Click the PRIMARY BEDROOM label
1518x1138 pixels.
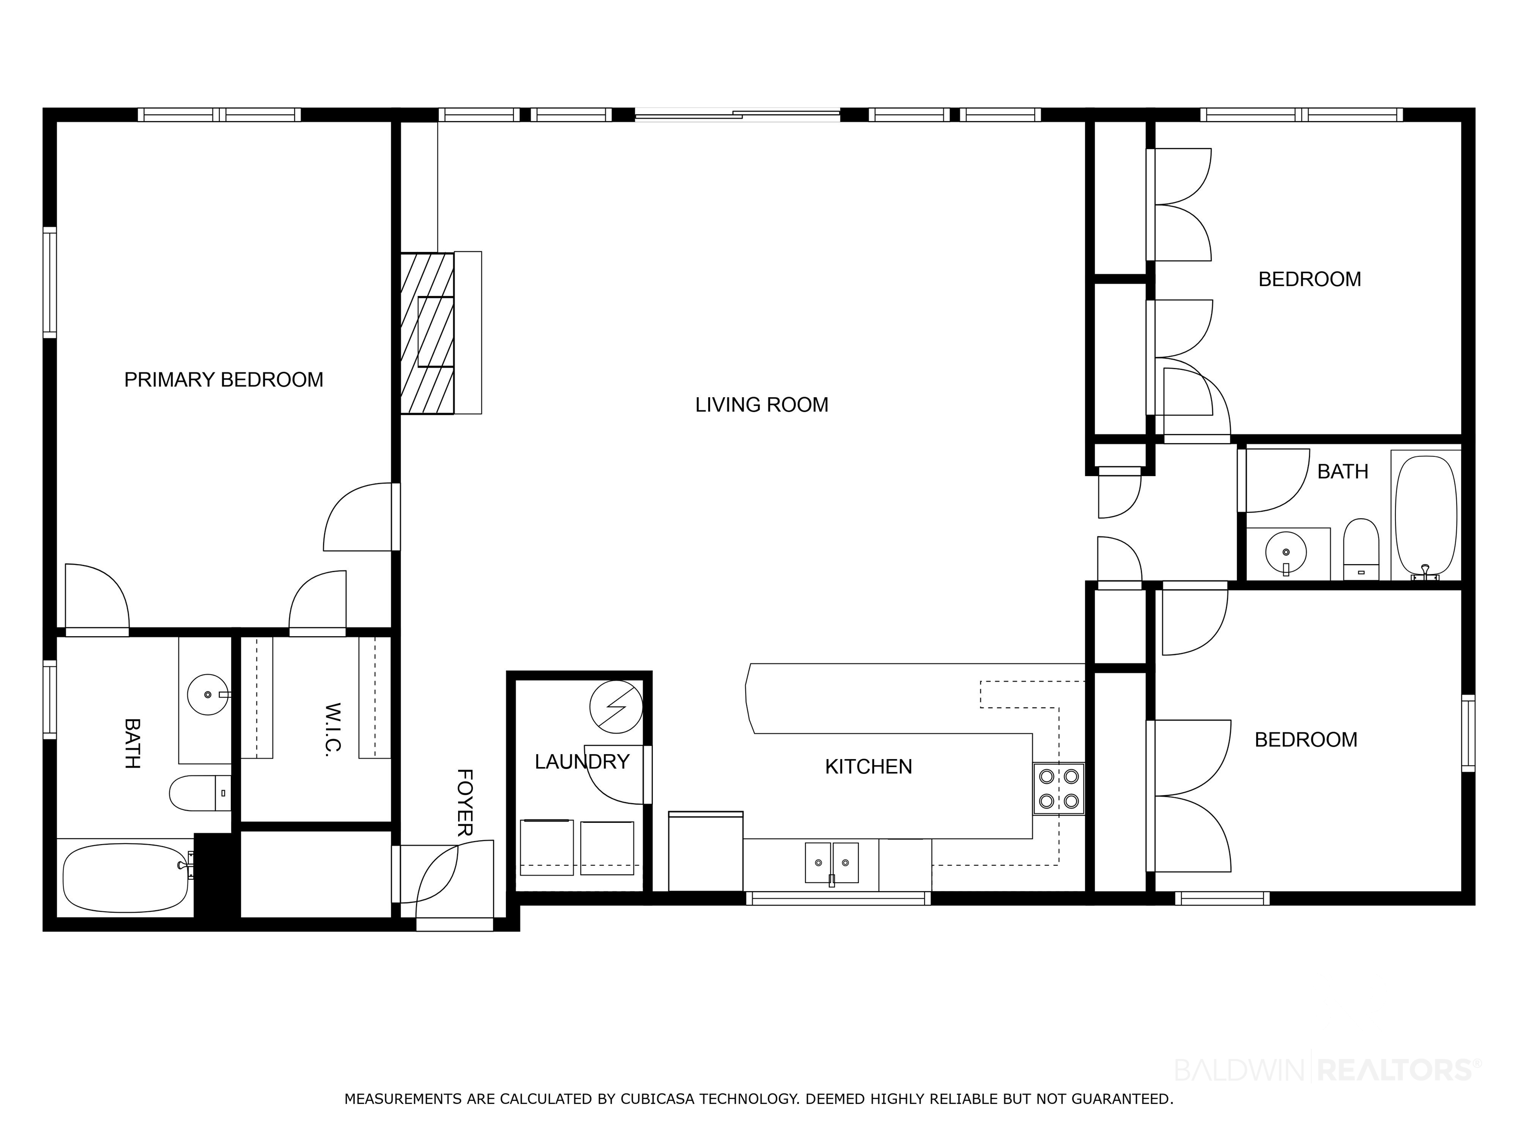[x=224, y=379]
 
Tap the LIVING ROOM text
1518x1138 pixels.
[x=762, y=405]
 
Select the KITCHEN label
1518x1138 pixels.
[x=868, y=766]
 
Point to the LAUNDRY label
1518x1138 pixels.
[x=582, y=762]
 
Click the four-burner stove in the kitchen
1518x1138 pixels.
[x=1058, y=789]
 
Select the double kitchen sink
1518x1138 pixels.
[x=832, y=863]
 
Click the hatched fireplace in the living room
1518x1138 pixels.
[x=427, y=333]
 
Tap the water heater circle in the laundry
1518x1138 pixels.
[x=616, y=706]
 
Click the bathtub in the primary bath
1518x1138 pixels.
[x=125, y=878]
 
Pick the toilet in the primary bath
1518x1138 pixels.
[x=200, y=793]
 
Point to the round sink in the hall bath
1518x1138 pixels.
[x=1285, y=552]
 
